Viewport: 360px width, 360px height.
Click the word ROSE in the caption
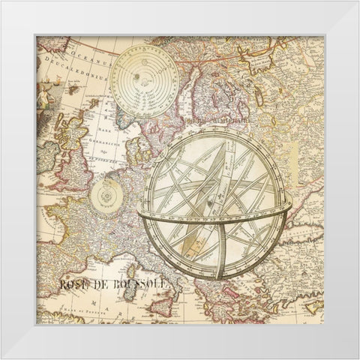coord(73,284)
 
